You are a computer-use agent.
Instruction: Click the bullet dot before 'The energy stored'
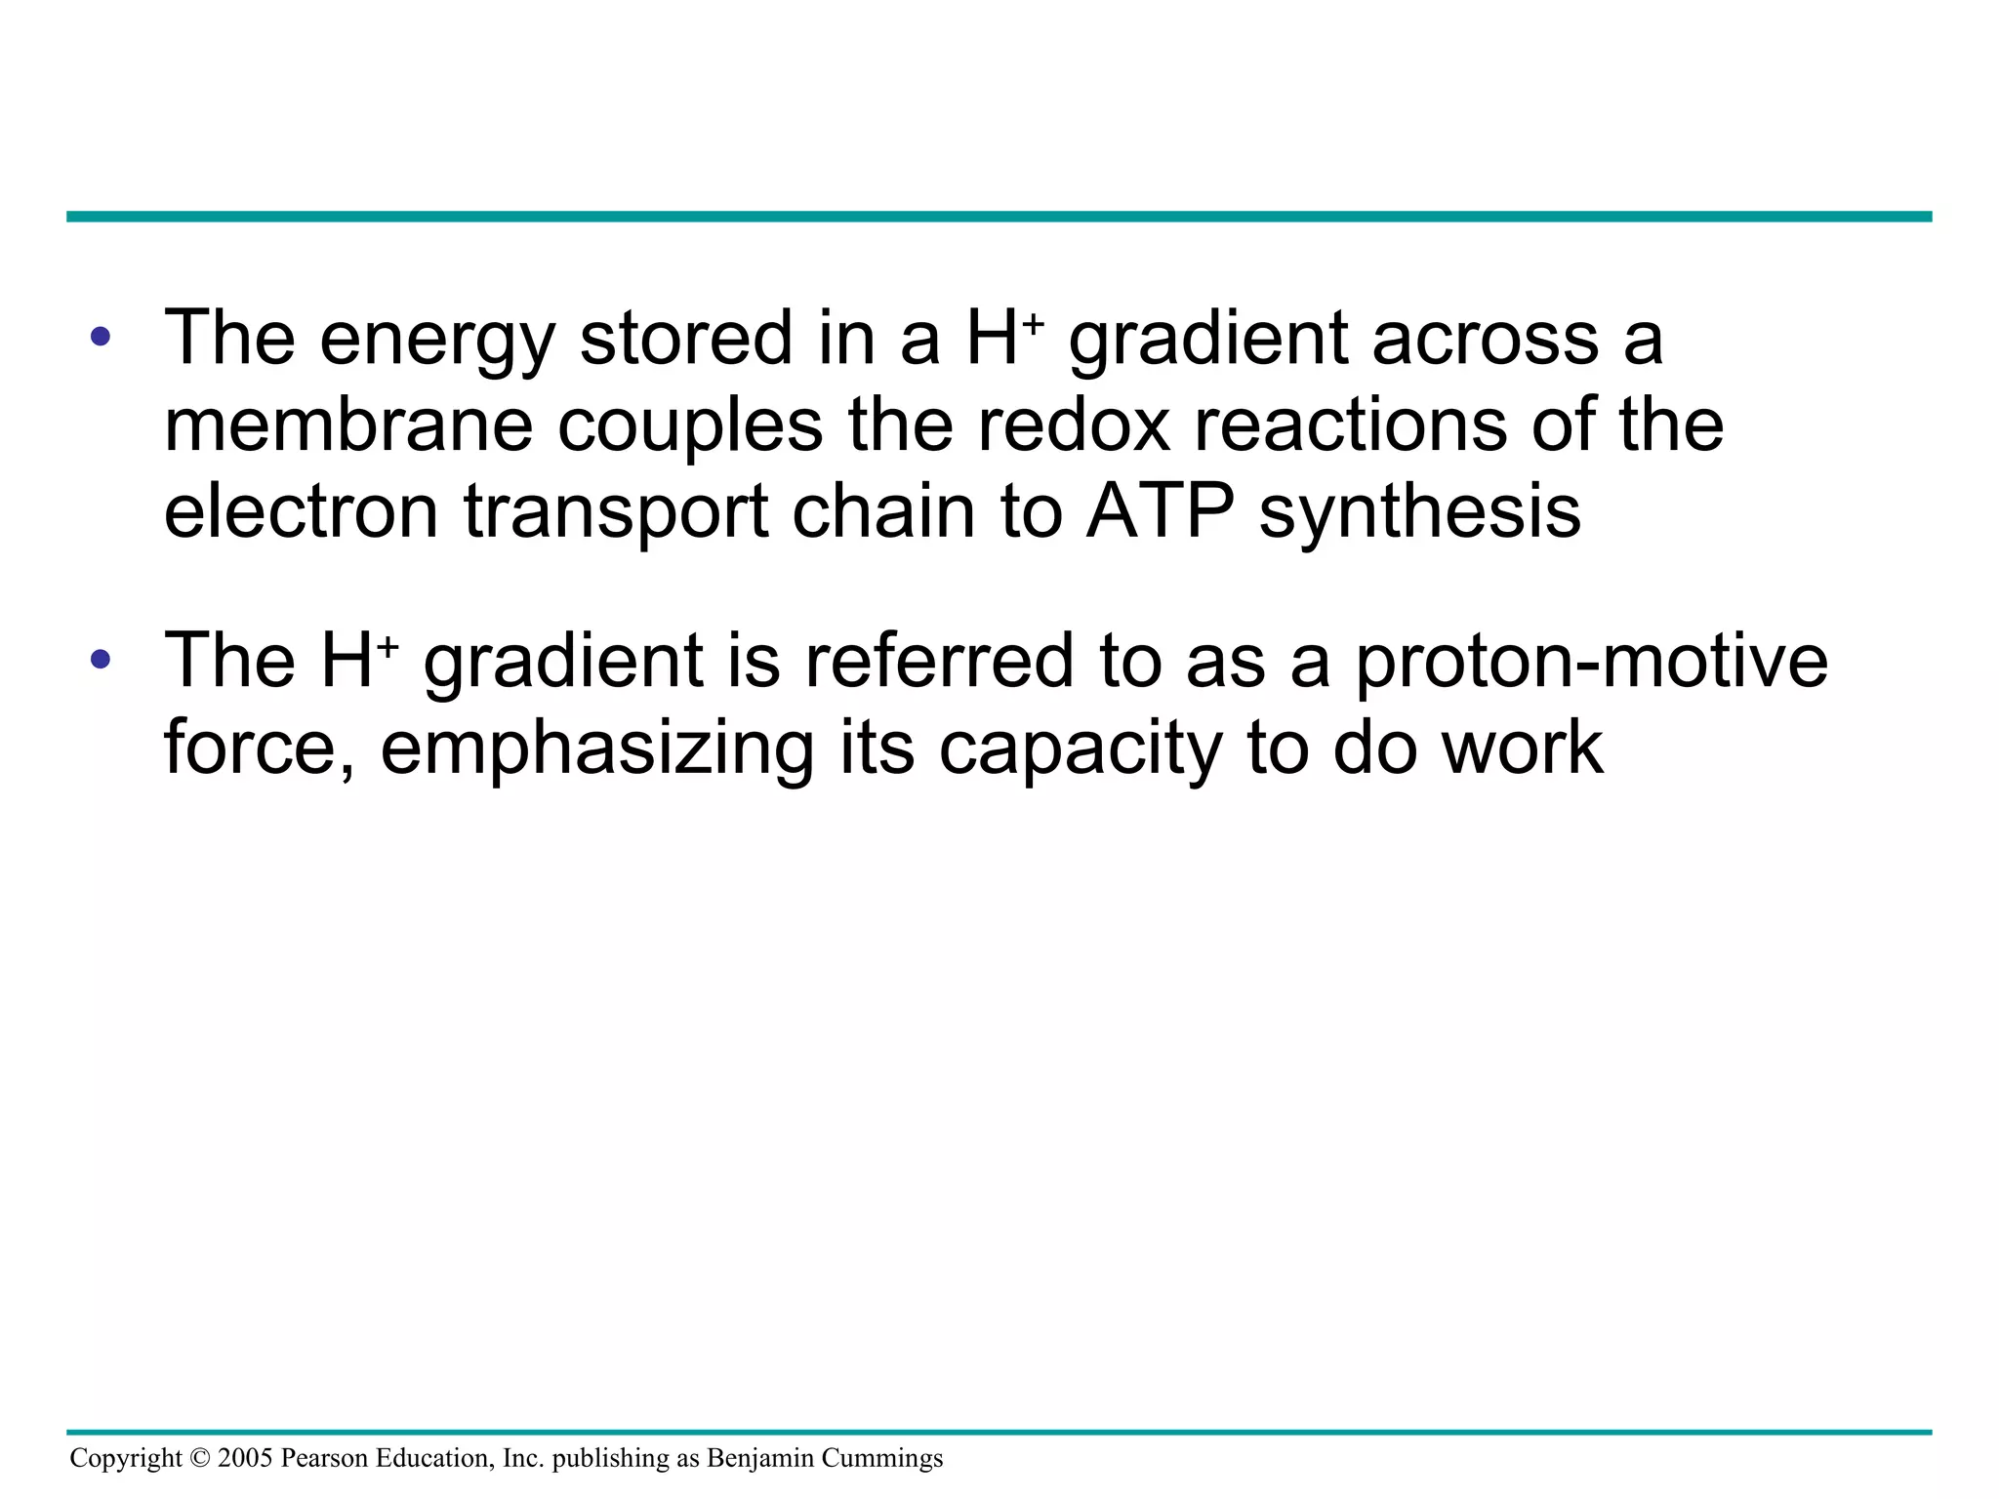click(100, 339)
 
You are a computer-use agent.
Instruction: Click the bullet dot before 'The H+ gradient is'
click(100, 661)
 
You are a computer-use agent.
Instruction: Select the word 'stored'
click(686, 339)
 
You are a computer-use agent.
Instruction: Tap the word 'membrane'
click(347, 425)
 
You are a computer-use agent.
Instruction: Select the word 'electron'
click(301, 511)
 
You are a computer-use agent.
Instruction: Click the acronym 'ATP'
click(1161, 511)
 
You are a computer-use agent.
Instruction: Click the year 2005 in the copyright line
click(245, 1458)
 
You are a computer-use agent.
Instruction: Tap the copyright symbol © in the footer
click(200, 1458)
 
